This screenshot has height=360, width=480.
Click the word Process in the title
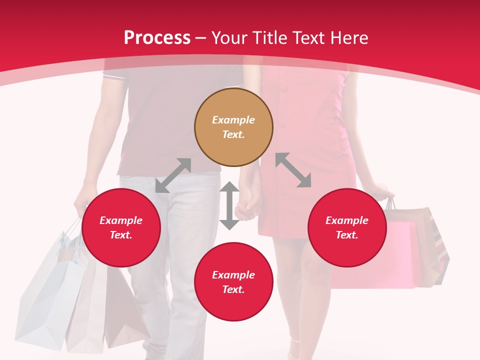tap(157, 37)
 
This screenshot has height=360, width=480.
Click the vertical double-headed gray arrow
tap(229, 205)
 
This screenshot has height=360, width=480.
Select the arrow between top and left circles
tap(173, 175)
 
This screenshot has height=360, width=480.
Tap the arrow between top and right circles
tap(293, 170)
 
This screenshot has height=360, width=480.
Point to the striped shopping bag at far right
tap(440, 250)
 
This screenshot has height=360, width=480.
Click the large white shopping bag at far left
tap(50, 295)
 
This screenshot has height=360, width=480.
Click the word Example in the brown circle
tap(233, 120)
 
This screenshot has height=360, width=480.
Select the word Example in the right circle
tap(347, 220)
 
